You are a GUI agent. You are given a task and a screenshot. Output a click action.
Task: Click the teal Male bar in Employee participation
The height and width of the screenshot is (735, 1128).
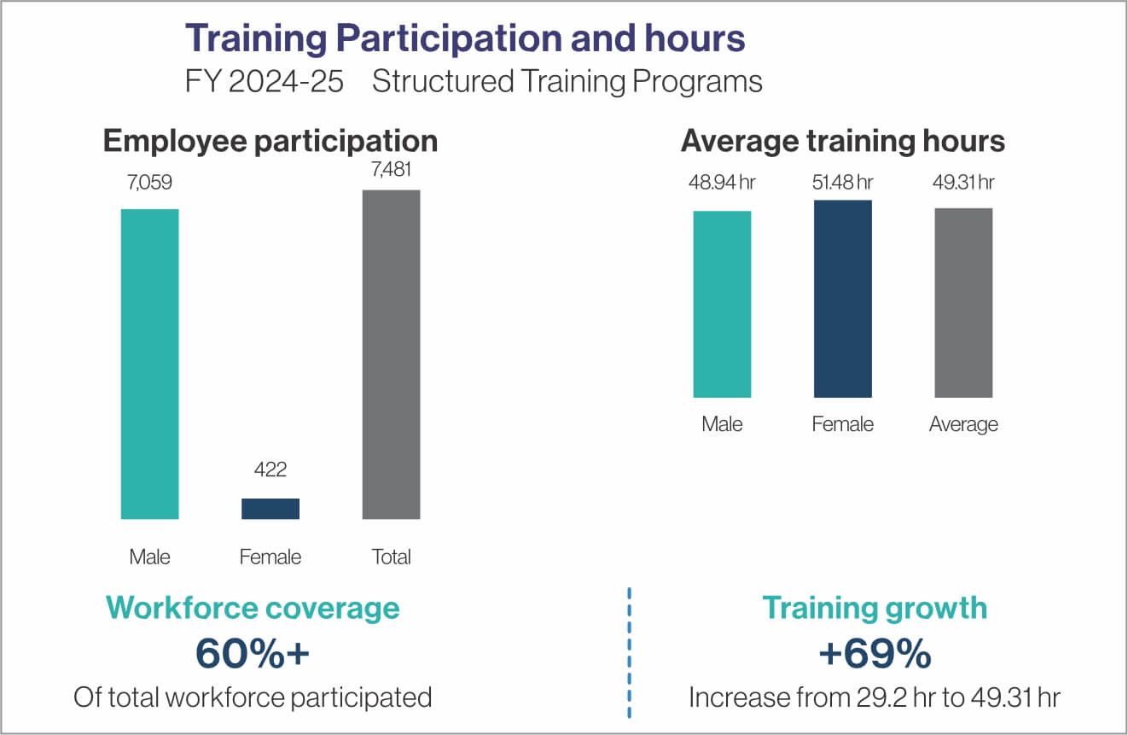click(149, 364)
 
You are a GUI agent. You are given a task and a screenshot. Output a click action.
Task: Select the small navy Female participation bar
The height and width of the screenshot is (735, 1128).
click(270, 509)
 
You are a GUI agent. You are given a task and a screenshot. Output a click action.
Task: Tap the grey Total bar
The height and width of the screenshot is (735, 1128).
click(392, 354)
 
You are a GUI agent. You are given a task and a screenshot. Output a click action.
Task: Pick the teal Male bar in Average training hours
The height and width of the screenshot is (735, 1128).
click(722, 304)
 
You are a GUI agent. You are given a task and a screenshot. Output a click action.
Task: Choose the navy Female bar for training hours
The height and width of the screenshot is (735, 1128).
click(843, 299)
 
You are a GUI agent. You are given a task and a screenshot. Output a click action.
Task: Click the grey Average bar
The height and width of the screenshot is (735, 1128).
click(963, 302)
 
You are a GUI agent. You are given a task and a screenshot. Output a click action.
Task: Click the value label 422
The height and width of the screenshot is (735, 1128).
click(270, 470)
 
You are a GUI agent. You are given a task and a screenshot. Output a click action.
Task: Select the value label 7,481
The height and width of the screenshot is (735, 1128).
click(391, 169)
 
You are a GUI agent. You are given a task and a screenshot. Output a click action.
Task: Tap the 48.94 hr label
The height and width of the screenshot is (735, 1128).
click(722, 183)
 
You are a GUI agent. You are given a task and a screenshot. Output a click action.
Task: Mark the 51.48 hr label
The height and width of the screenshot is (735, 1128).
click(843, 182)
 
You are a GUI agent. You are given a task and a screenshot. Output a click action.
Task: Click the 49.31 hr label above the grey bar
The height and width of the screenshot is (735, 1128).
click(963, 183)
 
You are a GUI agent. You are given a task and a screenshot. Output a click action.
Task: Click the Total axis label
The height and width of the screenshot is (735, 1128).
click(392, 557)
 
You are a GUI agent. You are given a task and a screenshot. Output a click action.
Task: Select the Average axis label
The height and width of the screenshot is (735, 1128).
click(963, 424)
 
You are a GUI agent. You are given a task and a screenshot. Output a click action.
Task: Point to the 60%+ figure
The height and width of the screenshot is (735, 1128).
click(252, 654)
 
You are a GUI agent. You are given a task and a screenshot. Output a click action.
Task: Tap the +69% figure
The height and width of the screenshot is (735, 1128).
click(874, 654)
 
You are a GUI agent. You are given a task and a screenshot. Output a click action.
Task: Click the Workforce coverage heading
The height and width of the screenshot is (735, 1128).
click(253, 608)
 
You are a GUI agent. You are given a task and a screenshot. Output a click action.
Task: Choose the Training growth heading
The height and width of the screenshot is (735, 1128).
click(874, 608)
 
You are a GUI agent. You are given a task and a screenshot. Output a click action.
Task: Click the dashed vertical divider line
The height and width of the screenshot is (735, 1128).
click(629, 652)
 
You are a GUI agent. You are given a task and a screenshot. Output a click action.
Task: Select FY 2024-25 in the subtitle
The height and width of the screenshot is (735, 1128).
click(265, 82)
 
